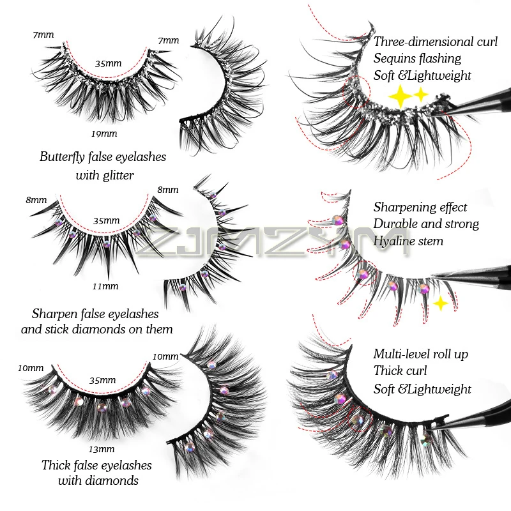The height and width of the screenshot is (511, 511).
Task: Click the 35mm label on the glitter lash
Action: [107, 64]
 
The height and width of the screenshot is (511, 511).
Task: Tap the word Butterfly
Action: [63, 157]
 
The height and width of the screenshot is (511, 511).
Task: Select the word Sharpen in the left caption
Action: [54, 314]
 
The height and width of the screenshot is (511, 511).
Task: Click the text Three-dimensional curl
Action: [436, 42]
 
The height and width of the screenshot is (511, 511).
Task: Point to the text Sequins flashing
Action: [417, 59]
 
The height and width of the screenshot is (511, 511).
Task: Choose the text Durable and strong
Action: [425, 224]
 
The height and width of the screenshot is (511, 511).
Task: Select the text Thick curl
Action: [400, 371]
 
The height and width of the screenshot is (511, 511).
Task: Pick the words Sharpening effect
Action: [420, 207]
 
